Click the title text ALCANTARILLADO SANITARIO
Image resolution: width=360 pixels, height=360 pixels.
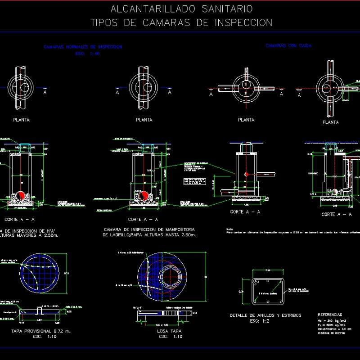pyautogui.click(x=181, y=9)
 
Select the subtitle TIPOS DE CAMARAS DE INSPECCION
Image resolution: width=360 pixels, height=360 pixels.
pyautogui.click(x=181, y=23)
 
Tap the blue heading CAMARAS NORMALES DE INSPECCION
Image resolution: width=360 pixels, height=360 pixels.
pyautogui.click(x=83, y=47)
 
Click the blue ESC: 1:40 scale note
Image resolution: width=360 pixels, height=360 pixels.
pyautogui.click(x=88, y=53)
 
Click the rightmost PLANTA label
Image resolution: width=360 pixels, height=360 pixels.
pyautogui.click(x=331, y=122)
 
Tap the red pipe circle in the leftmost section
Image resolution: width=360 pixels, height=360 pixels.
pyautogui.click(x=21, y=195)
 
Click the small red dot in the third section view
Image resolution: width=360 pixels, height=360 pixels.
pyautogui.click(x=245, y=174)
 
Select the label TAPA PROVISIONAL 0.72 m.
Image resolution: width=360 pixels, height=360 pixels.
pyautogui.click(x=41, y=331)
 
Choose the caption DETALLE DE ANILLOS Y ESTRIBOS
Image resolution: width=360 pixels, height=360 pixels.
pyautogui.click(x=265, y=315)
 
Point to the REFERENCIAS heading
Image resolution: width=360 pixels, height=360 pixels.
pyautogui.click(x=330, y=315)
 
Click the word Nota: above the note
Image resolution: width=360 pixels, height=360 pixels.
pyautogui.click(x=230, y=229)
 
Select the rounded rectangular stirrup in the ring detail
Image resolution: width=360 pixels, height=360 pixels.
pyautogui.click(x=267, y=292)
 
